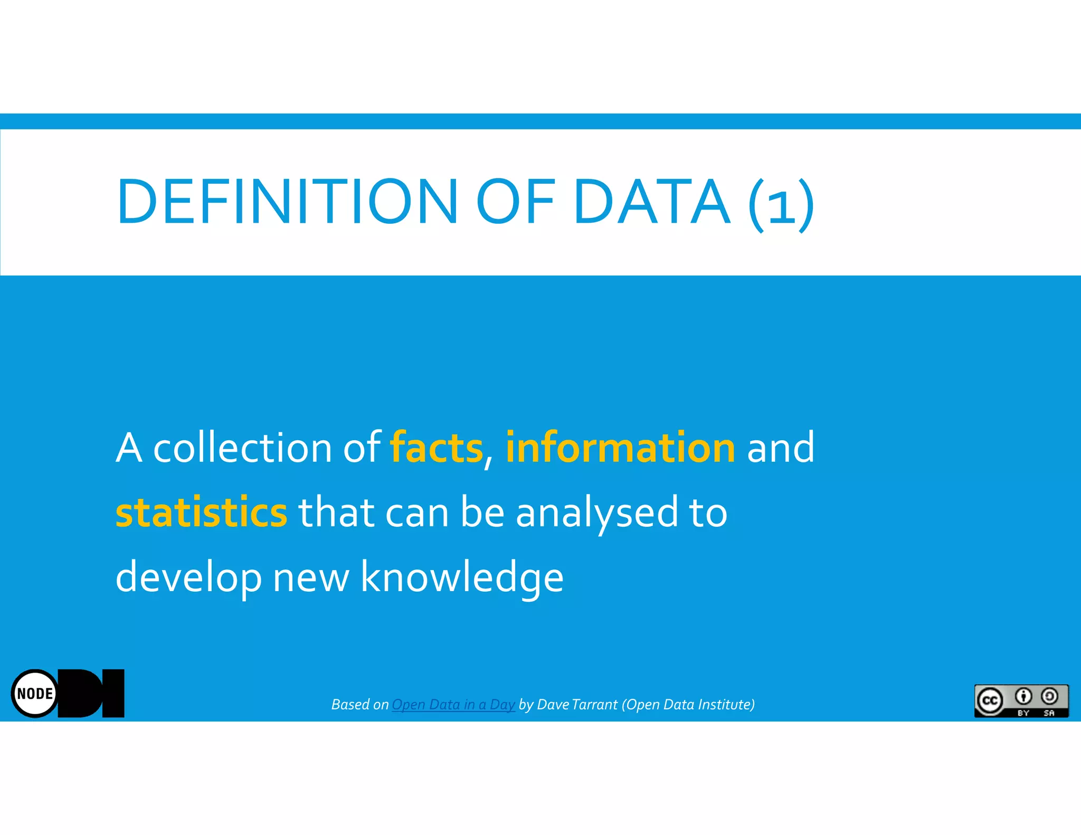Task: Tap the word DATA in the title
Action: [x=652, y=202]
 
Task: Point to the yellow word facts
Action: [x=437, y=448]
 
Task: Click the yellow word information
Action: [x=620, y=448]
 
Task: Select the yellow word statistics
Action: [x=202, y=512]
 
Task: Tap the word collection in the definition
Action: [x=242, y=448]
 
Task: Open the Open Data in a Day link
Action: [x=453, y=705]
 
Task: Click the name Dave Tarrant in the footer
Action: [x=577, y=705]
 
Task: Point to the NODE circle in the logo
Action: [x=35, y=693]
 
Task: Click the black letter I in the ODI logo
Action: [x=113, y=693]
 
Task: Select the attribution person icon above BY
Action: [x=1023, y=697]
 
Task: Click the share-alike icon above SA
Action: [x=1049, y=697]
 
